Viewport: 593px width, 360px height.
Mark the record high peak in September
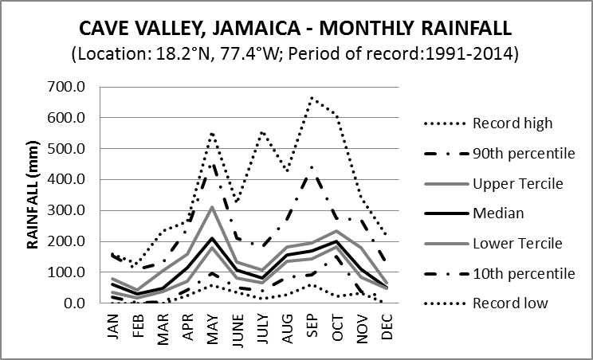click(312, 98)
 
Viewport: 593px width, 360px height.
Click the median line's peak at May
click(212, 238)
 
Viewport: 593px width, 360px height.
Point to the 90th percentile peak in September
click(312, 166)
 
